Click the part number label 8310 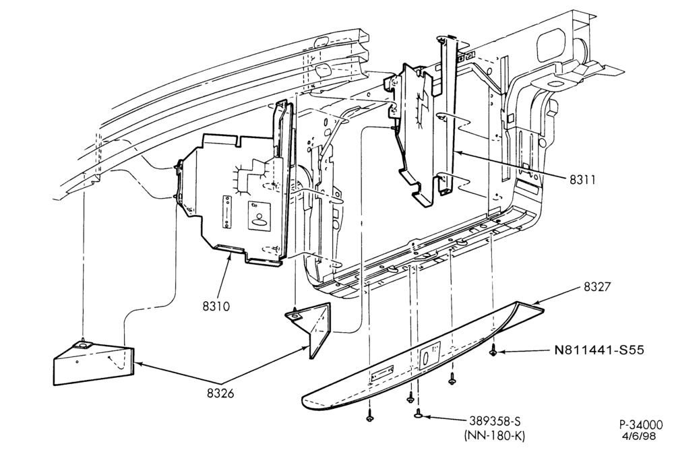[x=216, y=306]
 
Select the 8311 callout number [x=583, y=179]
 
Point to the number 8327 [x=596, y=287]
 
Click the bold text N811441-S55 [x=599, y=350]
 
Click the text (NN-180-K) [x=494, y=436]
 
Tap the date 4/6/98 [x=639, y=437]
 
